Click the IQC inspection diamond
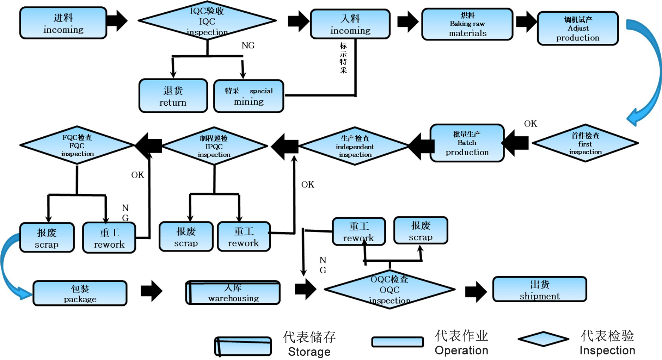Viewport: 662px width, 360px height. click(207, 21)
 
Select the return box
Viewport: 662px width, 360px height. click(173, 96)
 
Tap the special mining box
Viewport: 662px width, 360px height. click(249, 96)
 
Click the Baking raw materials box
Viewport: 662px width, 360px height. click(467, 24)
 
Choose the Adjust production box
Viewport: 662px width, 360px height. click(577, 29)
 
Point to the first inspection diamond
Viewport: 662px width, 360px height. click(585, 143)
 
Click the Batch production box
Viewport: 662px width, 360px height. click(467, 143)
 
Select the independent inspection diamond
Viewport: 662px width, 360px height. click(355, 146)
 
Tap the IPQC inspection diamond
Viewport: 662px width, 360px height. click(214, 146)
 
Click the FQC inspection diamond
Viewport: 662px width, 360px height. click(77, 145)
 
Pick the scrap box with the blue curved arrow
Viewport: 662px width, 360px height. click(47, 238)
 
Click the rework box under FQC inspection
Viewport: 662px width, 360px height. click(109, 238)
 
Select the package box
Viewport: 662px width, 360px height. click(80, 293)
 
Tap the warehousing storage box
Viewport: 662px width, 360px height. click(233, 293)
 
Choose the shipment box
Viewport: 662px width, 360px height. click(539, 290)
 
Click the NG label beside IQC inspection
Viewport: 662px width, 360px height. click(248, 45)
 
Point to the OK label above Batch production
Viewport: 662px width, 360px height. click(530, 124)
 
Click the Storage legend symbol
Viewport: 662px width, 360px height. click(243, 346)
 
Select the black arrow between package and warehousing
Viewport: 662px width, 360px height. click(151, 291)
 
